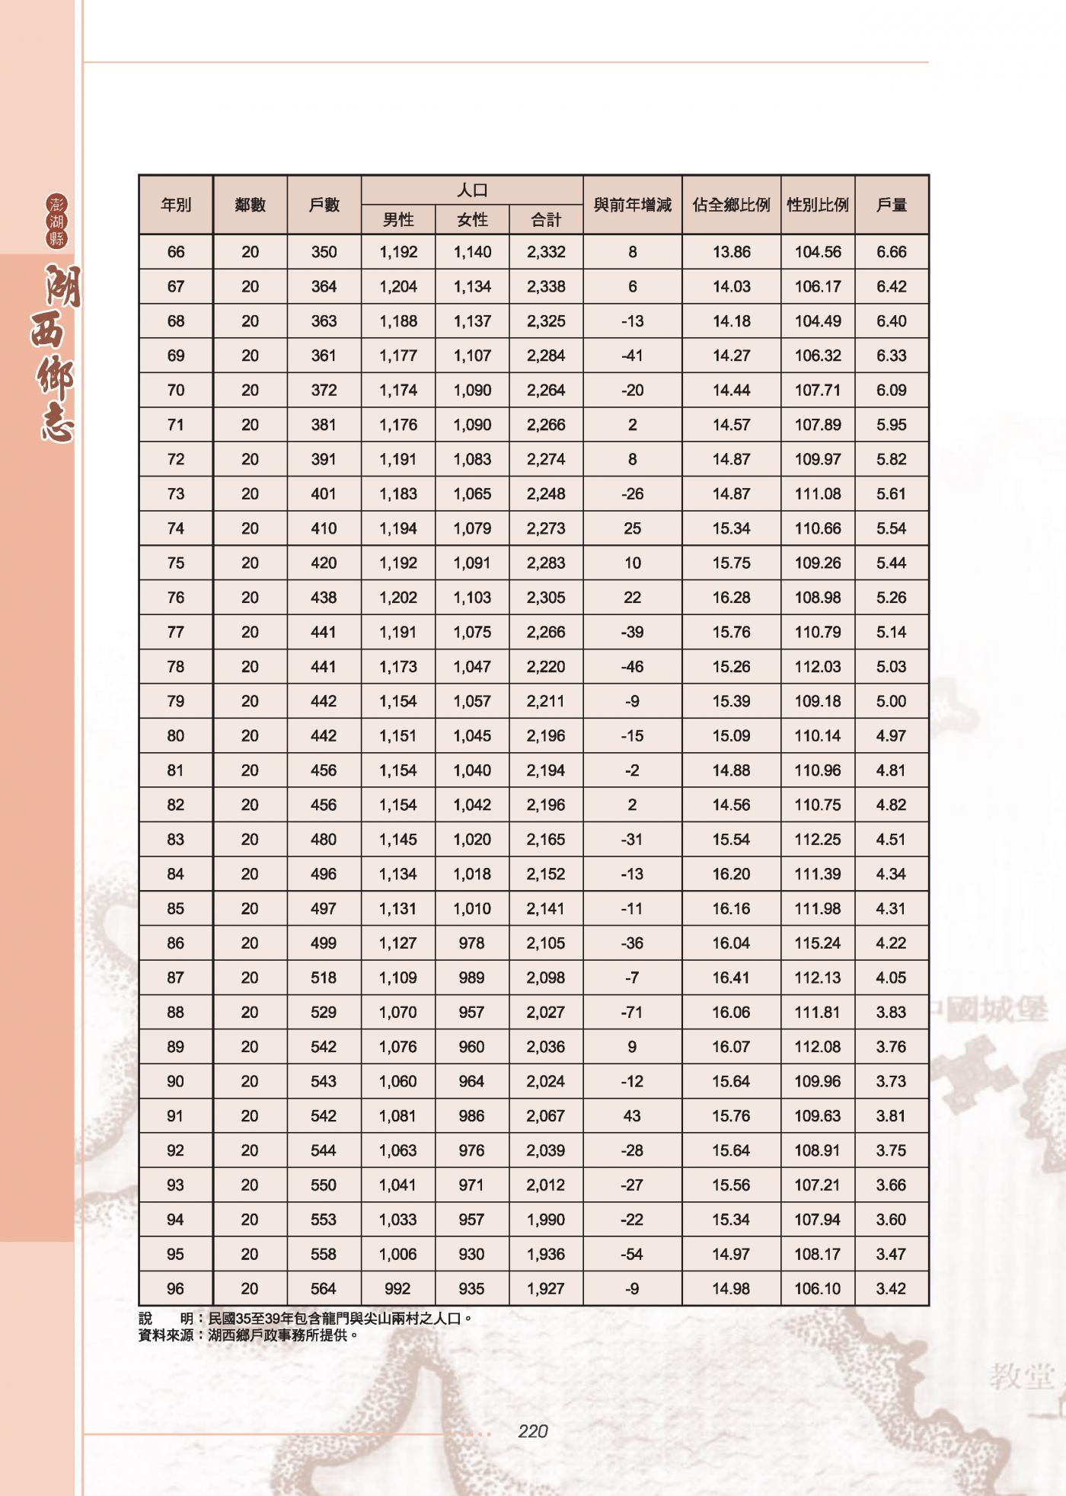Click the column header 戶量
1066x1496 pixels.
(x=892, y=205)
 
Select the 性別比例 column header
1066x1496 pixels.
(x=818, y=205)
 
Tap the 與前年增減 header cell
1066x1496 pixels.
(x=632, y=205)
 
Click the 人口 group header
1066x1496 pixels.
(x=472, y=190)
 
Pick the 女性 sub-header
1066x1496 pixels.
(x=472, y=220)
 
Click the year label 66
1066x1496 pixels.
(x=176, y=252)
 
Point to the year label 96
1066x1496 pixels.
(x=176, y=1289)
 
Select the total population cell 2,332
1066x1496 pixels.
(x=546, y=252)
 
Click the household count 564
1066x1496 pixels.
(x=324, y=1289)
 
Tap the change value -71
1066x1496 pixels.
(x=632, y=1013)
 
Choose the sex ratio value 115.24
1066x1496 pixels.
(x=818, y=943)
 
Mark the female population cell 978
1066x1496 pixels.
(x=472, y=943)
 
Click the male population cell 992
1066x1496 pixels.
(x=397, y=1289)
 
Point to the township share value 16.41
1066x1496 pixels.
(x=731, y=978)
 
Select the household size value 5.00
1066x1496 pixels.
(x=892, y=701)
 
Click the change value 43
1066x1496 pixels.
(x=632, y=1116)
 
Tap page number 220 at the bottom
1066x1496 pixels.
(x=533, y=1432)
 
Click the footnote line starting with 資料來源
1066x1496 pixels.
(x=248, y=1335)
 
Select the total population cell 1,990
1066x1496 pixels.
(x=546, y=1220)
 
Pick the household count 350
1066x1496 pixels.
(x=324, y=252)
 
